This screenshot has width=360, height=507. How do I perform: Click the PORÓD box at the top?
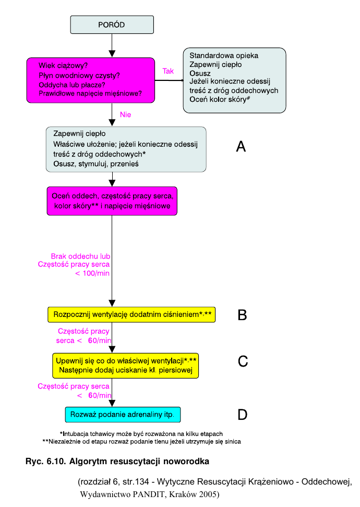click(x=112, y=25)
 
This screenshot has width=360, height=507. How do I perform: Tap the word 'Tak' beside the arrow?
click(x=168, y=71)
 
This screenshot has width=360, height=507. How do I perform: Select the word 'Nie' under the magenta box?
click(x=125, y=115)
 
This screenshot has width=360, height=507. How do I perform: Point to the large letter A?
click(x=241, y=147)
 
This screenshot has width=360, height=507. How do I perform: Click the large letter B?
click(x=242, y=315)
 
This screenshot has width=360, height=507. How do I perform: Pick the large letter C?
click(x=243, y=361)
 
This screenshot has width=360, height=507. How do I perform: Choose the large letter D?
click(x=242, y=415)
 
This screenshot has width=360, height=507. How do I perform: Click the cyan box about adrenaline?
click(x=122, y=415)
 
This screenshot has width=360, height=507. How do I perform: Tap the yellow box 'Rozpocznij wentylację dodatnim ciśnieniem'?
click(x=131, y=315)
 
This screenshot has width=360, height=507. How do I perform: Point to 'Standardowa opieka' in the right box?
click(x=224, y=55)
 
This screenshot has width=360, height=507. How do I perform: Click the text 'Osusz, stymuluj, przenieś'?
click(x=95, y=163)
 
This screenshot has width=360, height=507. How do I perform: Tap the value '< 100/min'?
click(x=92, y=273)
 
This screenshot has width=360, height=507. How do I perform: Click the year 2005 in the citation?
click(x=208, y=493)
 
